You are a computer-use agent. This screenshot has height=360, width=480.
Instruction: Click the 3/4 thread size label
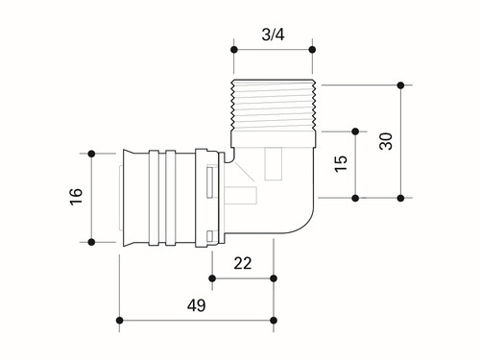tap(273, 35)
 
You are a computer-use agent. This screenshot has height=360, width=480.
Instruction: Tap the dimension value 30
tap(386, 141)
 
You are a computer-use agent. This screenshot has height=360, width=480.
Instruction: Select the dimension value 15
tap(341, 163)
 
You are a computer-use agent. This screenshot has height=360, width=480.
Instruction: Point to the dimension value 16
tap(77, 197)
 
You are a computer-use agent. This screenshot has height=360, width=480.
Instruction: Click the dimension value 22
tap(243, 263)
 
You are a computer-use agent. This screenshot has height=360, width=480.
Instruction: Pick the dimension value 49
tap(197, 305)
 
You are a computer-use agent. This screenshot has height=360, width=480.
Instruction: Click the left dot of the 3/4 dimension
tap(234, 50)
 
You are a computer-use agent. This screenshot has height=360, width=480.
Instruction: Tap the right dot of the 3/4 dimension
tap(312, 50)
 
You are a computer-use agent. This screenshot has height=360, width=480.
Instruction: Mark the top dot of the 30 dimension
tap(400, 85)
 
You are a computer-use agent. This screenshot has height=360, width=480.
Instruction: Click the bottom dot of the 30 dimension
tap(400, 198)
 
